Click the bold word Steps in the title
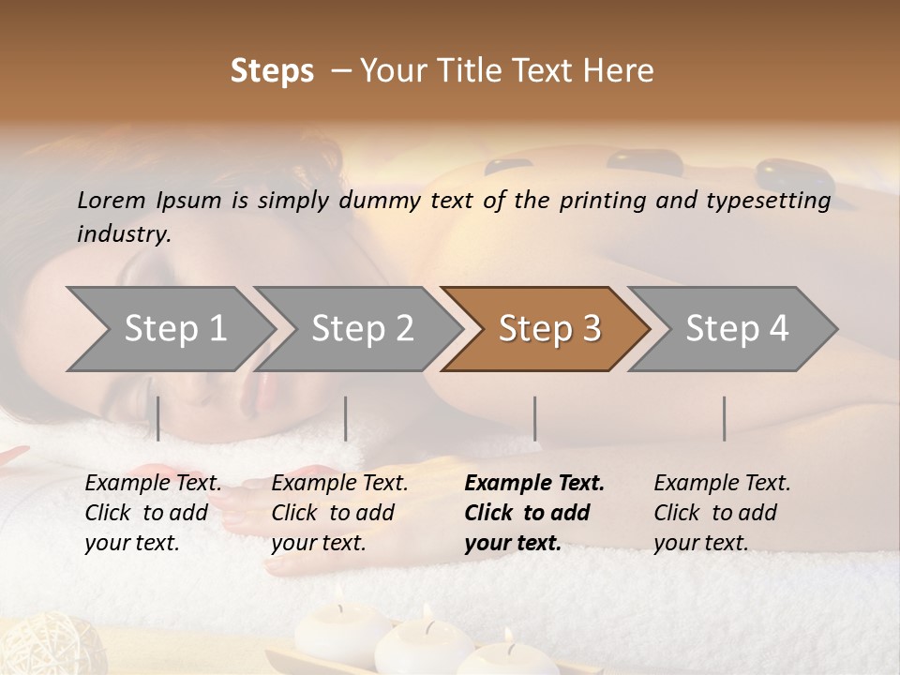click(272, 71)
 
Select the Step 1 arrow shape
click(169, 329)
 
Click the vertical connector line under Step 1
click(157, 418)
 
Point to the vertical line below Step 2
click(346, 418)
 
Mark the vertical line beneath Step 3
click(534, 418)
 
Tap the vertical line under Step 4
click(724, 418)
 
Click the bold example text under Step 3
click(534, 513)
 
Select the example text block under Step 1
click(153, 513)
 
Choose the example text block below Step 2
click(339, 513)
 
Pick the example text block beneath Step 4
click(722, 513)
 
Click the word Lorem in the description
click(112, 201)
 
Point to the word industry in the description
click(123, 234)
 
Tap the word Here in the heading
click(621, 71)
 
